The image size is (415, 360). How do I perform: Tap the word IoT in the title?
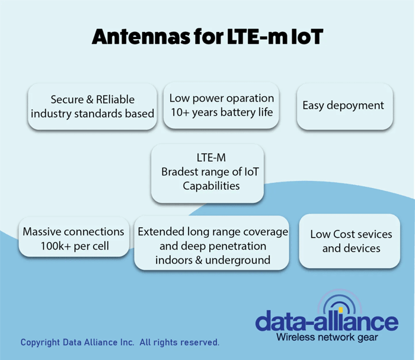[307, 37]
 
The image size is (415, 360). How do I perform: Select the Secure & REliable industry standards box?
[92, 106]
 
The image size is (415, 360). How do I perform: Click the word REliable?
[115, 100]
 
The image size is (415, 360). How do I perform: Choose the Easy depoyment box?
[344, 106]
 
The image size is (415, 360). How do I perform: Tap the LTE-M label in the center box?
[211, 158]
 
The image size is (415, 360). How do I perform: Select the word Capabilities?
[211, 186]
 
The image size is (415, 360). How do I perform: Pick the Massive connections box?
[74, 237]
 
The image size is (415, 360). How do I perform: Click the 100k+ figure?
[56, 246]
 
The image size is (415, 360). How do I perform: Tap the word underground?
[238, 260]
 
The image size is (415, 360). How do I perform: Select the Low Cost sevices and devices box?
[349, 241]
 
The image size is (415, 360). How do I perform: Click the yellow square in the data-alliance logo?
[341, 310]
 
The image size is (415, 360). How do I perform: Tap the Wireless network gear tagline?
[327, 337]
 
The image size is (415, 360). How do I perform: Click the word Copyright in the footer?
[40, 343]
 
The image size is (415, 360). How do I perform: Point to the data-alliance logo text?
[327, 320]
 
